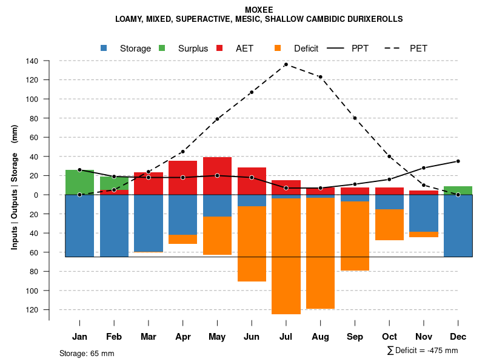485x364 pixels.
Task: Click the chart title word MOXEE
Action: pyautogui.click(x=259, y=10)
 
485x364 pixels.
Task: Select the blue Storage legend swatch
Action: pyautogui.click(x=104, y=49)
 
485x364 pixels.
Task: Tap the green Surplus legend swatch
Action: pyautogui.click(x=162, y=49)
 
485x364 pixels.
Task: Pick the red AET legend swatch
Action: pyautogui.click(x=219, y=49)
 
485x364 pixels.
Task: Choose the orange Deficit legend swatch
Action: pyautogui.click(x=278, y=49)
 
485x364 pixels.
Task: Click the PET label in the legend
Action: pyautogui.click(x=418, y=49)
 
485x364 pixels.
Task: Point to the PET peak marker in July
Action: pyautogui.click(x=286, y=64)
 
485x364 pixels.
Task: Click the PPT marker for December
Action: pyautogui.click(x=458, y=161)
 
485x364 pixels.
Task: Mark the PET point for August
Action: pyautogui.click(x=320, y=77)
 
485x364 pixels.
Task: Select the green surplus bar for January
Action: pyautogui.click(x=79, y=182)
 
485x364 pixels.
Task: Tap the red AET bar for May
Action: pyautogui.click(x=217, y=176)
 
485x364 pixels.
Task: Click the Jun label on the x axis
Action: pyautogui.click(x=252, y=337)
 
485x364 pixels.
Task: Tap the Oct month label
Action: pyautogui.click(x=389, y=337)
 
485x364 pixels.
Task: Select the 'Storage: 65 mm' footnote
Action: pyautogui.click(x=87, y=353)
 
